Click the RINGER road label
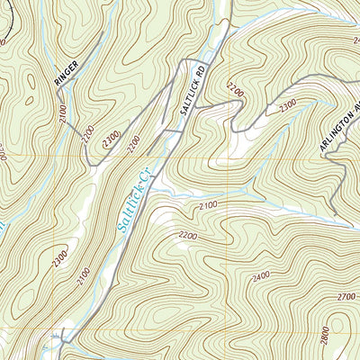(x=67, y=73)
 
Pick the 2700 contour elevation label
(x=346, y=296)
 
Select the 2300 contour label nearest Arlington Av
(x=288, y=105)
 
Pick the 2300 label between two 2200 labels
(x=112, y=139)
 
